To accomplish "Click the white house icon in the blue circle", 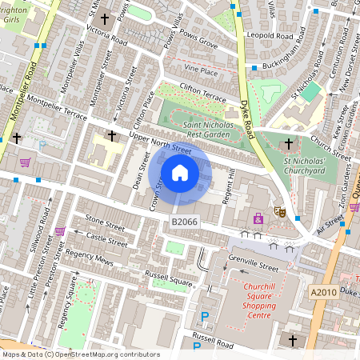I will pyautogui.click(x=180, y=172).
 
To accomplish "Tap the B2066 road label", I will pyautogui.click(x=184, y=220).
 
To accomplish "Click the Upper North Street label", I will pyautogui.click(x=161, y=145).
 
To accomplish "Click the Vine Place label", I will pyautogui.click(x=201, y=71).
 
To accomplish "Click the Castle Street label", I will pyautogui.click(x=106, y=238).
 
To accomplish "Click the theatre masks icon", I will pyautogui.click(x=281, y=211).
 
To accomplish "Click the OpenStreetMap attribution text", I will pyautogui.click(x=80, y=354).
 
